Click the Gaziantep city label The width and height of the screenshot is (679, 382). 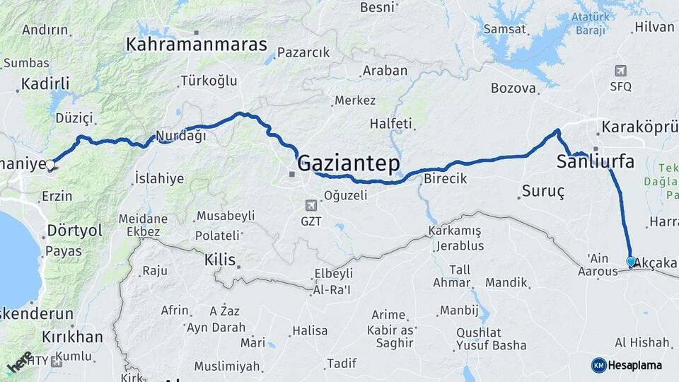[349, 163]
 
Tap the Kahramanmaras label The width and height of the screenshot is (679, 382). [197, 45]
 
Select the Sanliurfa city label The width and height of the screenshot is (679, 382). [595, 161]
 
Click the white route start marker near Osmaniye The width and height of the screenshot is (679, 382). [50, 165]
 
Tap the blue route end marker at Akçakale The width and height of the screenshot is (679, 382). [631, 261]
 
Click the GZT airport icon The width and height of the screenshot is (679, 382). [311, 205]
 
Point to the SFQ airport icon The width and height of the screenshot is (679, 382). [620, 71]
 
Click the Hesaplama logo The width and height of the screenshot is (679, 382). [627, 365]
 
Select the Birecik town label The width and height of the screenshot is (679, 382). [445, 179]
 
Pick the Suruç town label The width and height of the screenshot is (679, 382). [542, 191]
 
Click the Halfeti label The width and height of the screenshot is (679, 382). [390, 124]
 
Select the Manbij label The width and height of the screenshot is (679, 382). [459, 310]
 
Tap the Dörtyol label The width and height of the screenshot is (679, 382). [74, 231]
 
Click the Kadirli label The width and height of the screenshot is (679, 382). [45, 83]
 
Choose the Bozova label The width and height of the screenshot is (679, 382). [513, 88]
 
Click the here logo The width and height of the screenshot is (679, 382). [19, 361]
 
